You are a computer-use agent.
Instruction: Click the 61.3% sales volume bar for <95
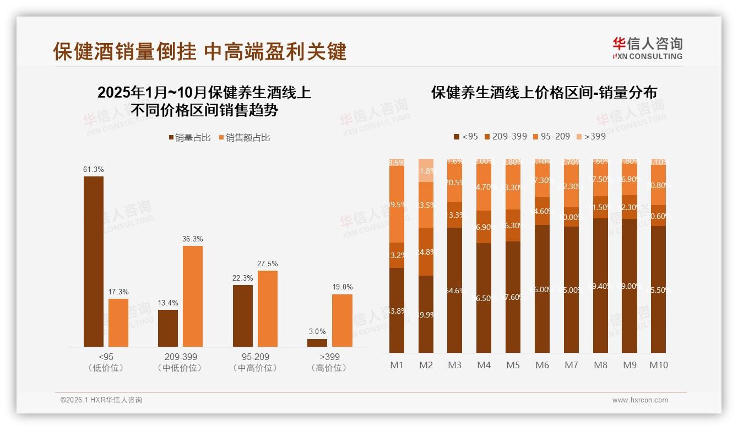coord(94,261)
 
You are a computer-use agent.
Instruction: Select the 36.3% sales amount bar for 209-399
coord(193,296)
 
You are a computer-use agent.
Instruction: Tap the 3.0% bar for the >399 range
coord(317,343)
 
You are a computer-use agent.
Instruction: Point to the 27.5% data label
coord(268,264)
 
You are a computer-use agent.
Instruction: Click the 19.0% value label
coord(343,287)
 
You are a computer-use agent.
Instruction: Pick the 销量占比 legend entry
coord(189,138)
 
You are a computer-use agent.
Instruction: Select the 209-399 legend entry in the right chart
coord(504,136)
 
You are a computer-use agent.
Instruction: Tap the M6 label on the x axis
coord(542,365)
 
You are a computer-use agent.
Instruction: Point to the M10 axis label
coord(659,365)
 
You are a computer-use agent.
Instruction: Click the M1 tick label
coord(397,365)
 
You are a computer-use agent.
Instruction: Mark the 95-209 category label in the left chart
coord(255,357)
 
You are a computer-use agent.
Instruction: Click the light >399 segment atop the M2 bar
coord(426,170)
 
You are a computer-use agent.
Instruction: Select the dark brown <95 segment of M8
coord(600,286)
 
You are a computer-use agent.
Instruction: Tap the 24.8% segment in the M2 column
coord(426,252)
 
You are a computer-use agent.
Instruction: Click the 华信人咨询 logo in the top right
coord(648,48)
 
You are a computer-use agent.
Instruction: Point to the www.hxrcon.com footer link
coord(640,400)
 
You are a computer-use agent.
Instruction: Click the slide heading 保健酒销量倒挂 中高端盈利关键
coord(199,51)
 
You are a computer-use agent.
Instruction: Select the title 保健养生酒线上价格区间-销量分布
coord(544,93)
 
